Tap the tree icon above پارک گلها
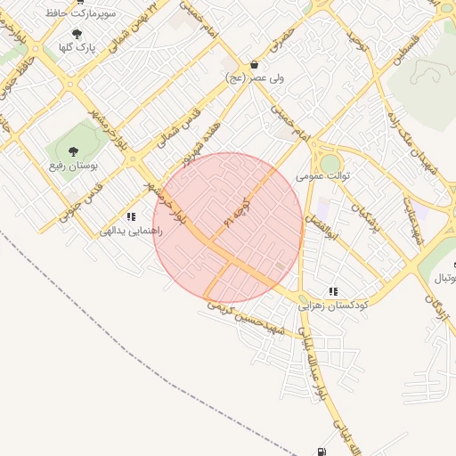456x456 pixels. click(x=77, y=34)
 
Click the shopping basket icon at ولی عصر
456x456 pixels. click(x=255, y=65)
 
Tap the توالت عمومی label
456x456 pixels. click(x=322, y=176)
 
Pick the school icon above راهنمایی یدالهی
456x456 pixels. click(x=131, y=216)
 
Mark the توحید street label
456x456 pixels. click(x=356, y=40)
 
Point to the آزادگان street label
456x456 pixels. click(x=438, y=312)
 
